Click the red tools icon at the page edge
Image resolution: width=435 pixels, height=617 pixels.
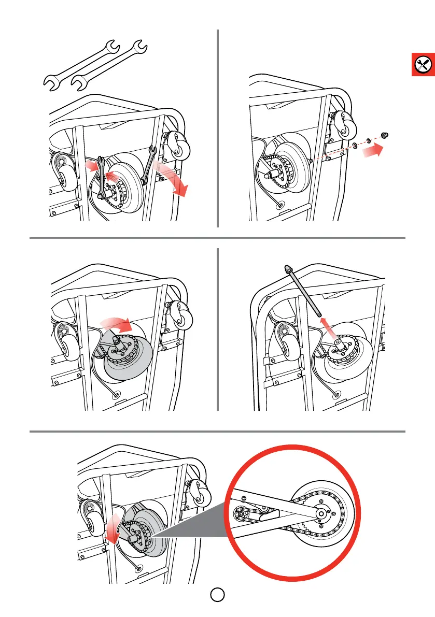click(x=424, y=64)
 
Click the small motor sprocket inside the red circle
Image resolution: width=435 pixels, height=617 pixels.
click(x=243, y=514)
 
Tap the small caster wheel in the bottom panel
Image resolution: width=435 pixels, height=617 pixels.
click(x=197, y=489)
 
